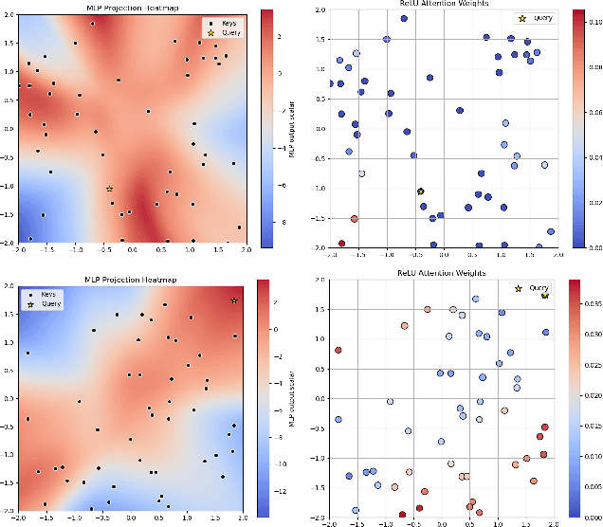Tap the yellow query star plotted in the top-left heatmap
tap(109, 189)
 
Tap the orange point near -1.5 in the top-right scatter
tap(355, 219)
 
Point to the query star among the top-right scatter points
tap(421, 191)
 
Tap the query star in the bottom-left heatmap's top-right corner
tap(234, 300)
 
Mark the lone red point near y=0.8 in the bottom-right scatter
tap(338, 351)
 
